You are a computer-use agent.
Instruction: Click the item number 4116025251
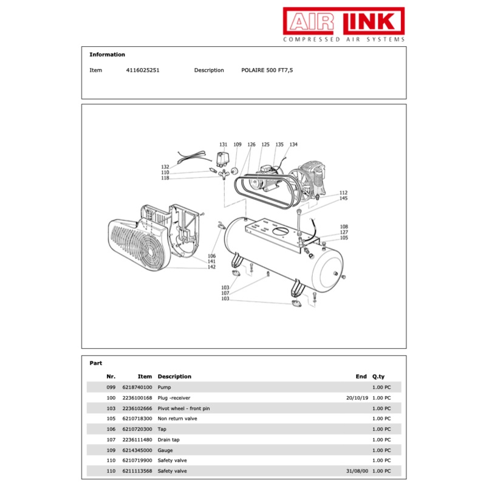[142, 70]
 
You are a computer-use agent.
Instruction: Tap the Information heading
[107, 55]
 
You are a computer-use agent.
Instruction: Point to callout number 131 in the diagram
[223, 145]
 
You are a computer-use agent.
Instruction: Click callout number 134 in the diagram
[293, 145]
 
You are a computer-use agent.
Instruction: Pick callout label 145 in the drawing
[343, 199]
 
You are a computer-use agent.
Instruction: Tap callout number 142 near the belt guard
[211, 267]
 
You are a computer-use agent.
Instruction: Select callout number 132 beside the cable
[165, 166]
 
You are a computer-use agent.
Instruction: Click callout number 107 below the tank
[225, 293]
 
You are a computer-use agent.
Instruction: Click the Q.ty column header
[378, 377]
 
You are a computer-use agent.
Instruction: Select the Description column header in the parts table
[174, 377]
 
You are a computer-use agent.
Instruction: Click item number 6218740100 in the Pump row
[137, 387]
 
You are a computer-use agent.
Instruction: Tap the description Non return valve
[177, 419]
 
